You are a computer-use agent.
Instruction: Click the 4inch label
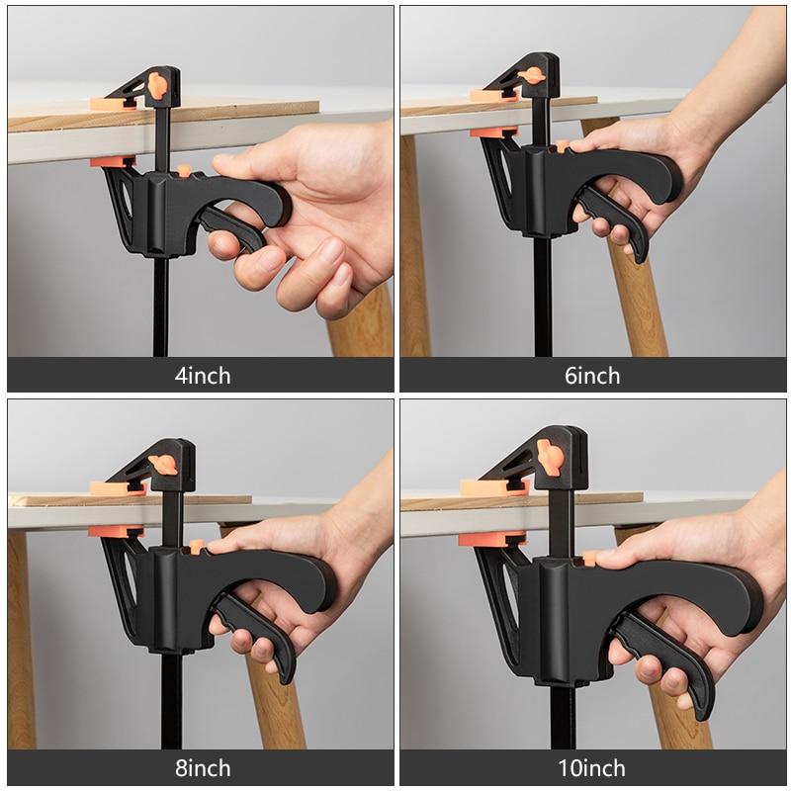[201, 375]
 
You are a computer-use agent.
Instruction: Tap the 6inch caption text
[592, 375]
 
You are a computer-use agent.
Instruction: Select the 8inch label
[201, 767]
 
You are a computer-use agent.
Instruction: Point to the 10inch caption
[592, 767]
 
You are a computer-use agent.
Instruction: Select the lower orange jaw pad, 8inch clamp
[115, 531]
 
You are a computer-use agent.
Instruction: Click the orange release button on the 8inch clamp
[195, 547]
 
